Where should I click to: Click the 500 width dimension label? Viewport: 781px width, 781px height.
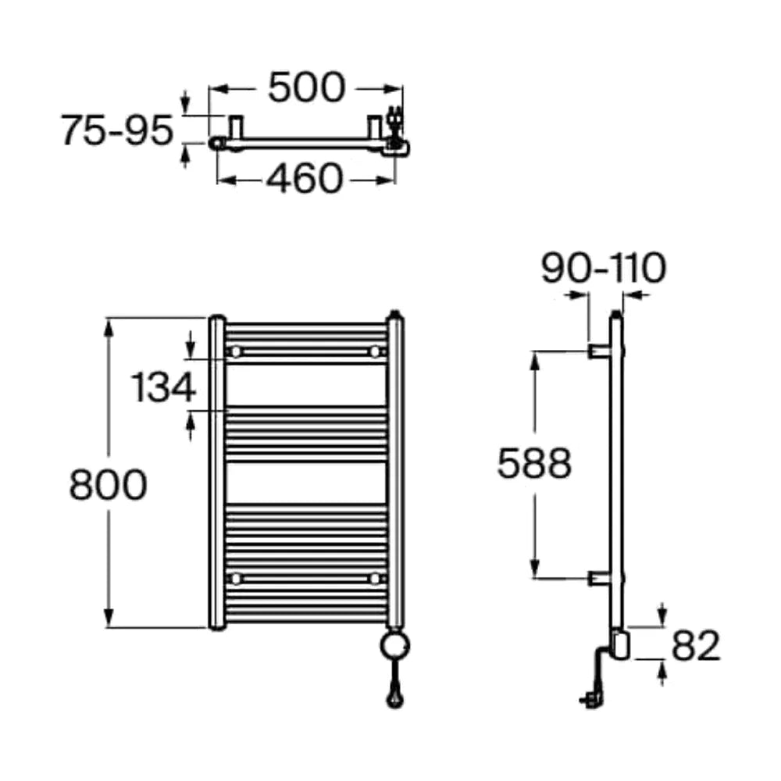306,87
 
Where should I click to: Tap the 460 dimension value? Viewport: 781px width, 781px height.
305,178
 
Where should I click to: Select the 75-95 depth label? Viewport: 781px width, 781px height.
116,130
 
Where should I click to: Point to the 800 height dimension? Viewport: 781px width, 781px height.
108,485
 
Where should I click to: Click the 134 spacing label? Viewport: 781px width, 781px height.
163,387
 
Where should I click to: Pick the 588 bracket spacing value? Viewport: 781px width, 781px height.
534,463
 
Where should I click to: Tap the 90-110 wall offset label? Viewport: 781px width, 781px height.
603,268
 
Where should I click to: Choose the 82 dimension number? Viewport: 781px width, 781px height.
696,646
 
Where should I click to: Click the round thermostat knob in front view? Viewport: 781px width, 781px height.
395,646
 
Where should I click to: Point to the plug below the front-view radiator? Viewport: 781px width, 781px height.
395,696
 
